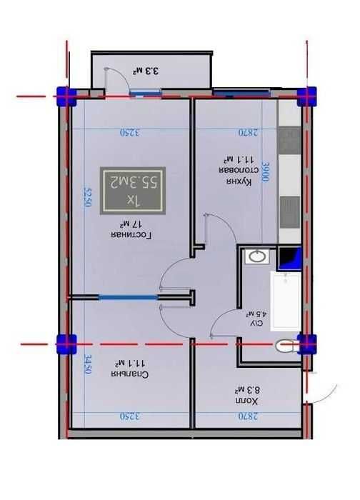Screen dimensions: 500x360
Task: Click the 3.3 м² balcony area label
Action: [144, 71]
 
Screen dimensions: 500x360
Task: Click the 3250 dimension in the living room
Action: [128, 132]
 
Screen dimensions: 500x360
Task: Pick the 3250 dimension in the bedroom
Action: [128, 416]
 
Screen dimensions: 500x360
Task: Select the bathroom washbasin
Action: [255, 256]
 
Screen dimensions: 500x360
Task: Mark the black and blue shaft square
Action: [289, 256]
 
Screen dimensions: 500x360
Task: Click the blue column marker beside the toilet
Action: [307, 344]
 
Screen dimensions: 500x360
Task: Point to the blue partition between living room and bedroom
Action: [127, 296]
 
